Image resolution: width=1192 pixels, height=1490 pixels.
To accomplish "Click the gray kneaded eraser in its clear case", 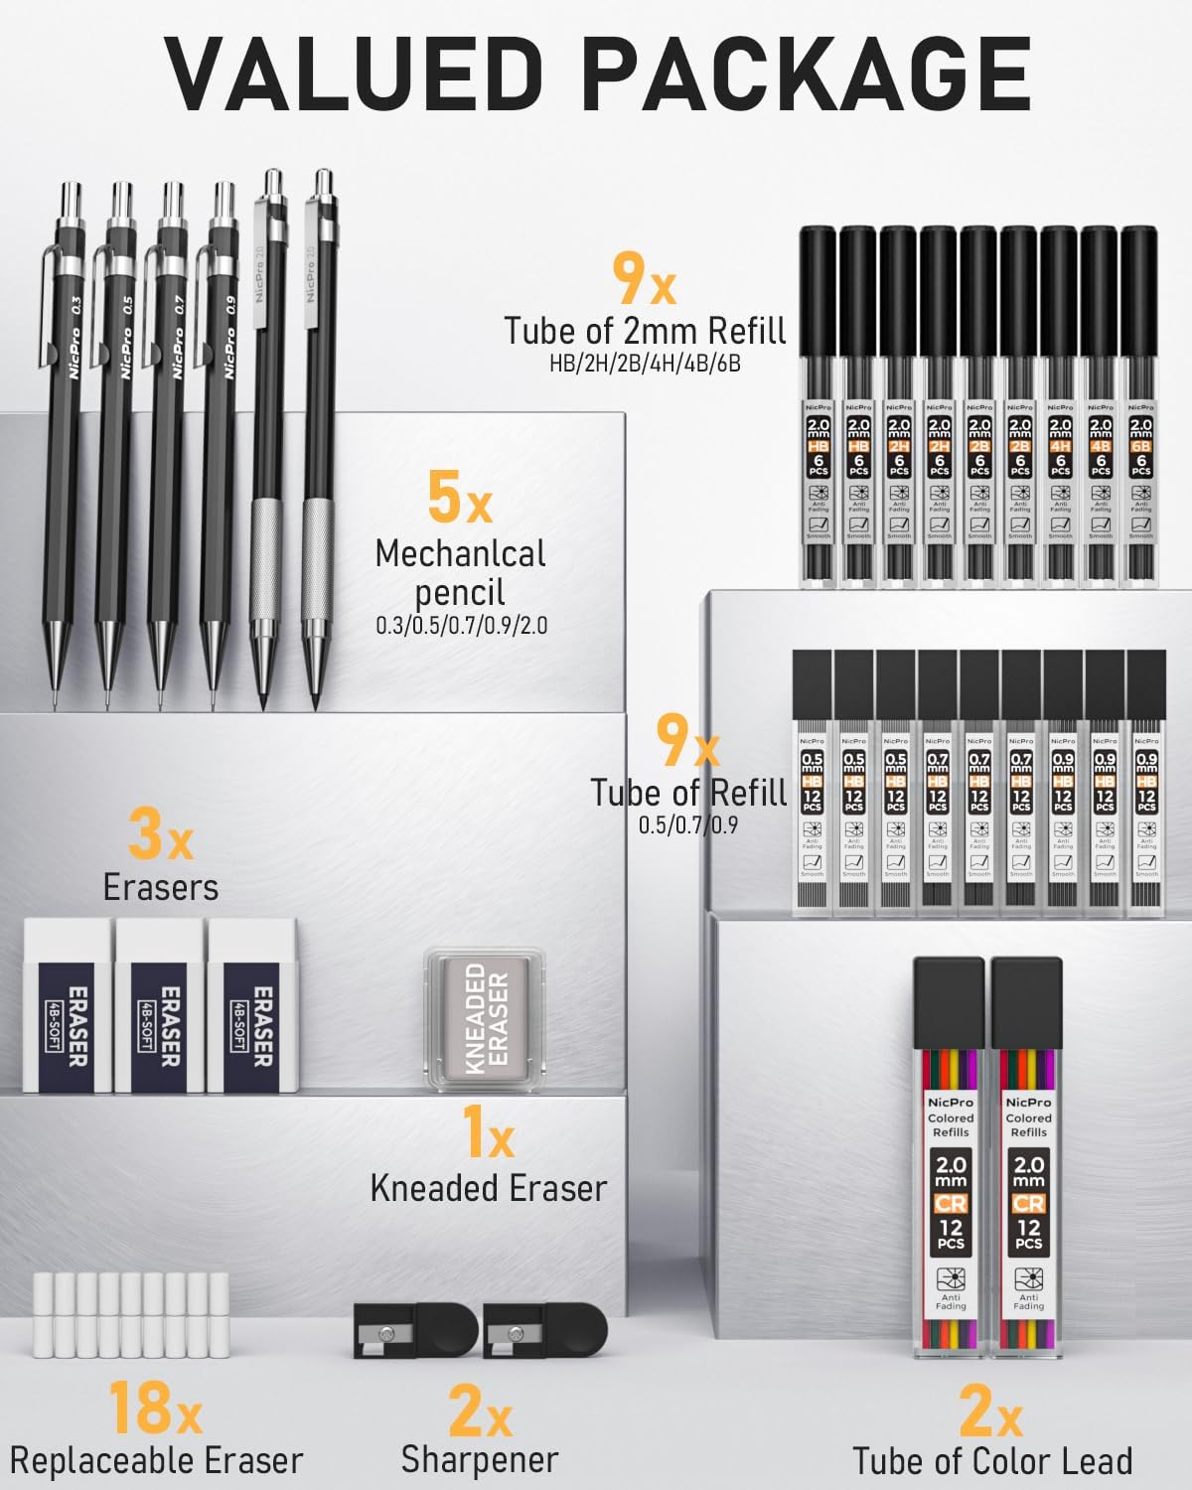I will point(487,1018).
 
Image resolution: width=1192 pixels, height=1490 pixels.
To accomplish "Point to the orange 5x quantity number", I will point(459,500).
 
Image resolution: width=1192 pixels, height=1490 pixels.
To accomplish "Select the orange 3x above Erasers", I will point(160,835).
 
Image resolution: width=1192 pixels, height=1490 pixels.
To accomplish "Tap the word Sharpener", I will point(480,1460).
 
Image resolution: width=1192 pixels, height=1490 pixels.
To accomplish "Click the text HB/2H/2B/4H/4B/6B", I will point(645,365).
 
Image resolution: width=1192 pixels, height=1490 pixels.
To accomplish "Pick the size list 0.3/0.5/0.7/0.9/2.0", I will point(461,626).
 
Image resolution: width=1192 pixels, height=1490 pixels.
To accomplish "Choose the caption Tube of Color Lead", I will point(992,1461).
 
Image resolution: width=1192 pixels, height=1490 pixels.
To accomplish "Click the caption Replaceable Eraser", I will point(156,1461).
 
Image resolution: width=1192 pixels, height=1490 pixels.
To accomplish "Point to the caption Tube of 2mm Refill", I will point(645,330).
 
